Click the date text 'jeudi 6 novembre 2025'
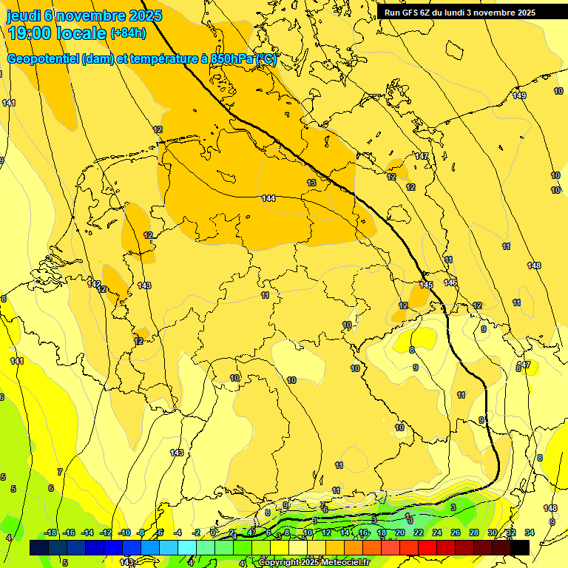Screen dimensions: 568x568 (84, 16)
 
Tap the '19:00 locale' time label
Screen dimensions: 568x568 (56, 33)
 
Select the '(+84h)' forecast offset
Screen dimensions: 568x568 (128, 33)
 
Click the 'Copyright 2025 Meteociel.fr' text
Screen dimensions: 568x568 (314, 562)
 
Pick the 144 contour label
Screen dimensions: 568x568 (268, 198)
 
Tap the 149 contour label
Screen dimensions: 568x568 (519, 95)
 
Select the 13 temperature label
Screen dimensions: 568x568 (311, 183)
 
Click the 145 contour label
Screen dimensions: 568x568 (426, 285)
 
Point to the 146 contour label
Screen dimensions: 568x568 (450, 283)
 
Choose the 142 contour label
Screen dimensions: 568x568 (94, 284)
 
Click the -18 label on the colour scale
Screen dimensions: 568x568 (51, 532)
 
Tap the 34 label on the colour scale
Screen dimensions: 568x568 (530, 532)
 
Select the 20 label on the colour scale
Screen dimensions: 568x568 (400, 532)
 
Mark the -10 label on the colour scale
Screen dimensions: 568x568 (124, 532)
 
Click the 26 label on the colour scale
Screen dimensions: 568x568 (456, 532)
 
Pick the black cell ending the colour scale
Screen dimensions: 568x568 (520, 547)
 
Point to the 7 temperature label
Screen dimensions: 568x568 (60, 472)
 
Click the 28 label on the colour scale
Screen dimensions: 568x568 (474, 532)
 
